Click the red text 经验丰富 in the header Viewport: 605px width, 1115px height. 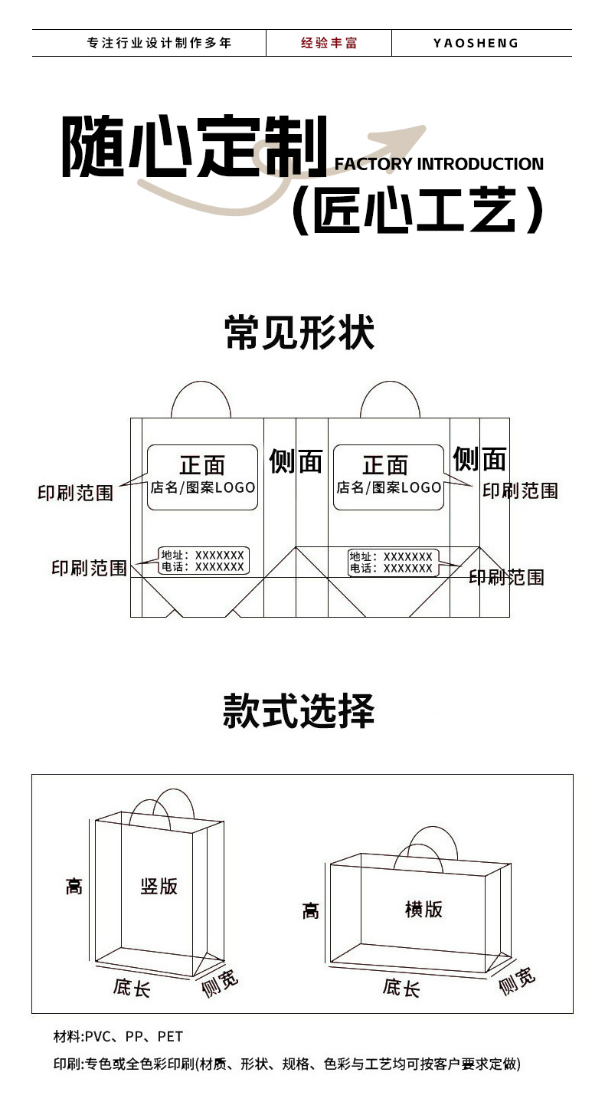(329, 43)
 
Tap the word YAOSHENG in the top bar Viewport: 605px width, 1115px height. (476, 43)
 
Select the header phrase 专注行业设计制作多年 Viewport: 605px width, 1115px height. (159, 43)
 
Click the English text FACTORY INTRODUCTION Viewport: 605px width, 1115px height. (439, 164)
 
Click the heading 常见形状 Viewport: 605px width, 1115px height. (299, 333)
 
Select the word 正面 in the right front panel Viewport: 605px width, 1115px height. (385, 465)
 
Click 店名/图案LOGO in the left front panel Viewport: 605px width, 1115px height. (203, 487)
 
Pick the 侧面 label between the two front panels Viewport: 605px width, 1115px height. (296, 461)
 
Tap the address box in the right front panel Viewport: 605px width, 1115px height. (391, 562)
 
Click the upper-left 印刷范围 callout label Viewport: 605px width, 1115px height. (75, 493)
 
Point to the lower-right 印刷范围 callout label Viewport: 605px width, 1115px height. (506, 577)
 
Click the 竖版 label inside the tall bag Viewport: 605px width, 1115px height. (159, 886)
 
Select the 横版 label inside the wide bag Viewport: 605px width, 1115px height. (423, 909)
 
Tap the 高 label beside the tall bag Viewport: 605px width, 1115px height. (74, 887)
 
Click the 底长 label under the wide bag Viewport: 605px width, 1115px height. (401, 988)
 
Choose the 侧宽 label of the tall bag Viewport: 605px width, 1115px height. (220, 983)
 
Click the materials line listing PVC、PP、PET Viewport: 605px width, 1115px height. (119, 1037)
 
